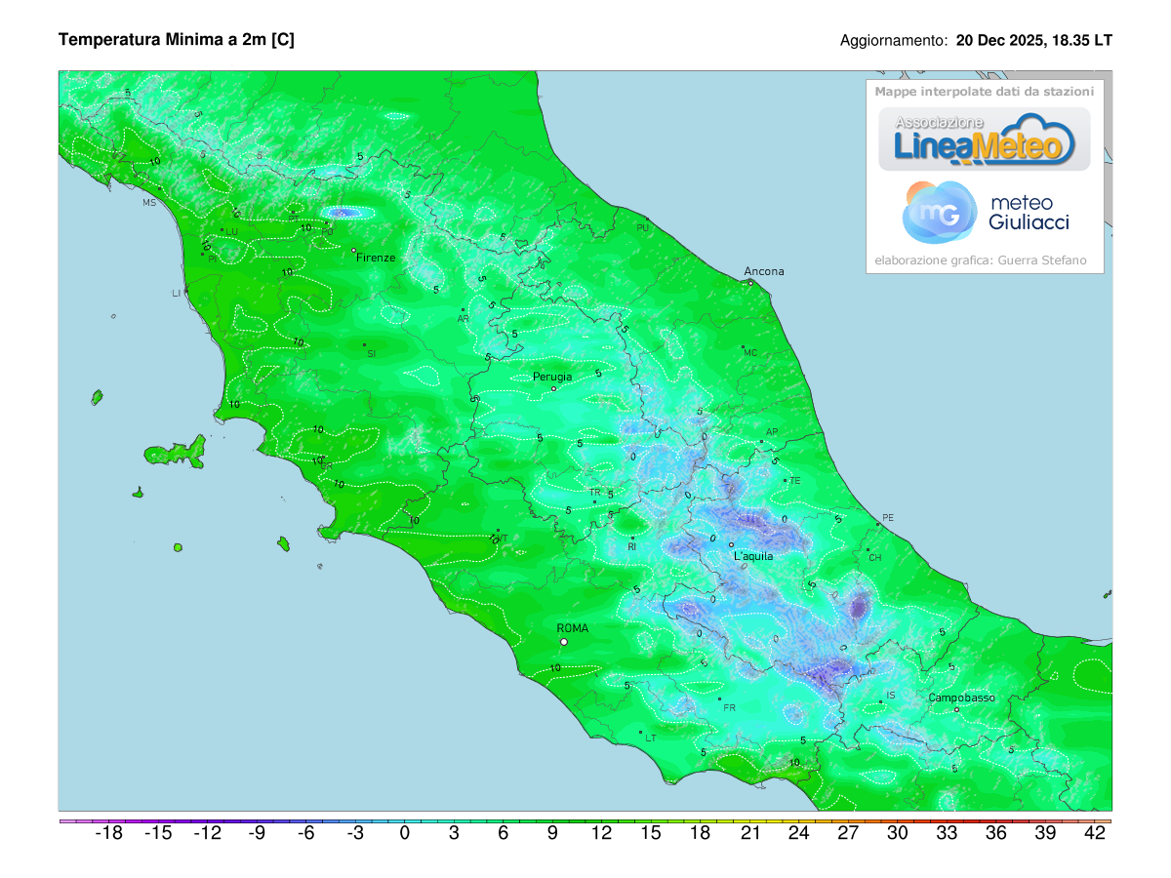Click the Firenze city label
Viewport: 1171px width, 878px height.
pyautogui.click(x=376, y=258)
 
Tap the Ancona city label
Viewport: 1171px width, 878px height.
pyautogui.click(x=763, y=271)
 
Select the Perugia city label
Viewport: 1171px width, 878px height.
pyautogui.click(x=552, y=377)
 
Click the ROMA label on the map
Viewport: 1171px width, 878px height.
pyautogui.click(x=572, y=628)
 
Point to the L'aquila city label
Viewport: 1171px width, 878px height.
pyautogui.click(x=752, y=556)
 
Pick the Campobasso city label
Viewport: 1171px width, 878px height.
pyautogui.click(x=961, y=698)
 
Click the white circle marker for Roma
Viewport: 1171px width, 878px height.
pyautogui.click(x=564, y=642)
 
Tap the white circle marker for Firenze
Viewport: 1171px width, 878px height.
pyautogui.click(x=354, y=251)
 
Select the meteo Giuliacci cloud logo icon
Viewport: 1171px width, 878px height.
pyautogui.click(x=939, y=212)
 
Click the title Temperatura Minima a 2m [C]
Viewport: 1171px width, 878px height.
pyautogui.click(x=177, y=40)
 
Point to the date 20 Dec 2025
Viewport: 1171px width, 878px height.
pyautogui.click(x=998, y=41)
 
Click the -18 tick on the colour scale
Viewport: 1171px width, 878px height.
pyautogui.click(x=108, y=833)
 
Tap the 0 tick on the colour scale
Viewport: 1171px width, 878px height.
pyautogui.click(x=404, y=833)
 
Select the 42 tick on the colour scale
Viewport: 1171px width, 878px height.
pyautogui.click(x=1095, y=833)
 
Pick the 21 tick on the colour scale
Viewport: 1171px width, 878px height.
pyautogui.click(x=749, y=833)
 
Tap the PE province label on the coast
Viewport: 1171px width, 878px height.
pyautogui.click(x=887, y=517)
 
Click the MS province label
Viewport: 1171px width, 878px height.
pyautogui.click(x=149, y=203)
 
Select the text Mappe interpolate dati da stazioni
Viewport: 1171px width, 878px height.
pyautogui.click(x=984, y=91)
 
